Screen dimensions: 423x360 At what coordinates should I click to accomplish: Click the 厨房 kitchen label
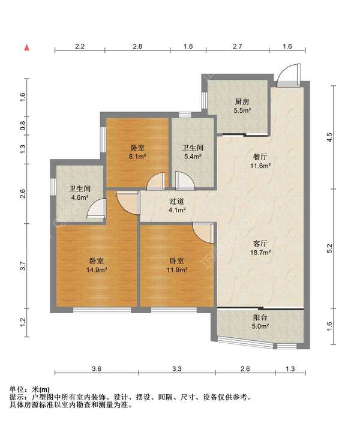(242, 101)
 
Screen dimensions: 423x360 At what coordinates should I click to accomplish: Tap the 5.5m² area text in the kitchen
(242, 110)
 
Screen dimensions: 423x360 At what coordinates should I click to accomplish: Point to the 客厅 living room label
(259, 244)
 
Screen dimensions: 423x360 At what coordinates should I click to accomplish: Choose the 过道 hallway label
(176, 202)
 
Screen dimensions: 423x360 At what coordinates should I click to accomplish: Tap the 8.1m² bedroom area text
(137, 157)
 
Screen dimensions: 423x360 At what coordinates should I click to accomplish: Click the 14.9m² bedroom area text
(98, 271)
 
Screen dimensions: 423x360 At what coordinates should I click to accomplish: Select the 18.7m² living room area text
(259, 254)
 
